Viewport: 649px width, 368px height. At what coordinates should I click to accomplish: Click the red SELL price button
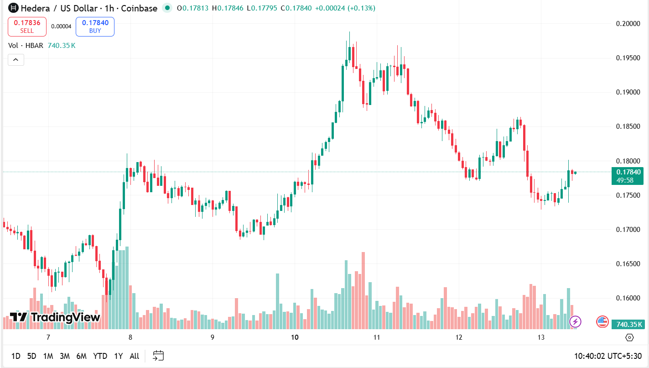point(27,26)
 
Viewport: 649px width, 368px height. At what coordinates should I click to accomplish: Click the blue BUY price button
point(95,26)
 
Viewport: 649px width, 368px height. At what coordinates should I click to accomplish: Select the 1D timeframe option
point(16,356)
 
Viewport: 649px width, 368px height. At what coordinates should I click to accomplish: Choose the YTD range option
point(100,356)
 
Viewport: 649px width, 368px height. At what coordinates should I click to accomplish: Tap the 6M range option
point(82,356)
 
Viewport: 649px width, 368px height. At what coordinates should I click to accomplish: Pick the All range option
point(134,356)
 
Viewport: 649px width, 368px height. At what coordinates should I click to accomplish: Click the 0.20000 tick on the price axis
point(628,24)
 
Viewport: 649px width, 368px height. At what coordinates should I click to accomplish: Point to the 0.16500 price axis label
point(628,264)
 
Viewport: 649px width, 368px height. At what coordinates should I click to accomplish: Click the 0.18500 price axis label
point(628,126)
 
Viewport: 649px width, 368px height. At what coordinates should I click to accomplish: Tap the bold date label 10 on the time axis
point(294,337)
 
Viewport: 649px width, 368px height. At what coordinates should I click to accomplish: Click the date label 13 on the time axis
point(541,337)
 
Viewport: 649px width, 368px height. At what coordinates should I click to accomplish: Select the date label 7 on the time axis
point(48,337)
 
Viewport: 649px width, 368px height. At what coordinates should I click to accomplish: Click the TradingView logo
point(55,317)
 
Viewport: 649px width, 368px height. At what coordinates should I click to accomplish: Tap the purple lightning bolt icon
point(576,321)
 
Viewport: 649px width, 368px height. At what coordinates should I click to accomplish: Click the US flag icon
point(602,321)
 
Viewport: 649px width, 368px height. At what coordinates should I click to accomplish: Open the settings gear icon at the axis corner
point(629,337)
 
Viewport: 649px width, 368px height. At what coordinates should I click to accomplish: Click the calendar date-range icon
point(158,356)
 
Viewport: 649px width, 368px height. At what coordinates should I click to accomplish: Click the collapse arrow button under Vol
point(16,59)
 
